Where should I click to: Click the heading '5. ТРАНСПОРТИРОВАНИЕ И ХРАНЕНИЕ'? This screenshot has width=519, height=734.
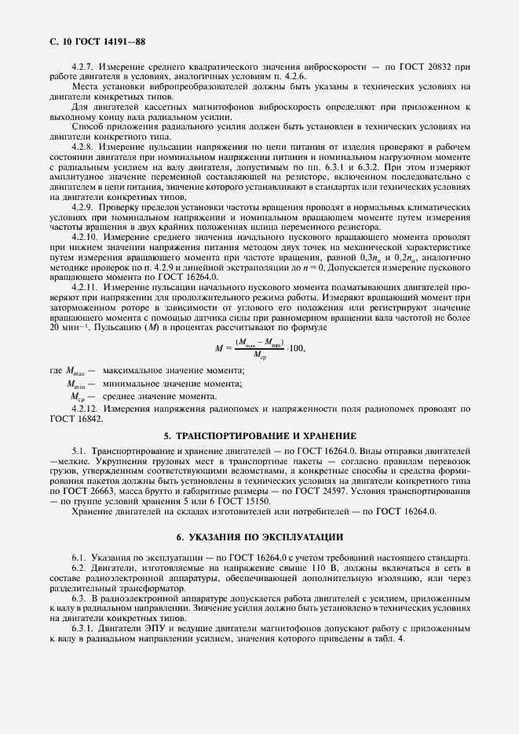coord(260,435)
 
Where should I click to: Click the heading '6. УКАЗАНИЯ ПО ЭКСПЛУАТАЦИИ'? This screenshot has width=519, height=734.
coord(260,536)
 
